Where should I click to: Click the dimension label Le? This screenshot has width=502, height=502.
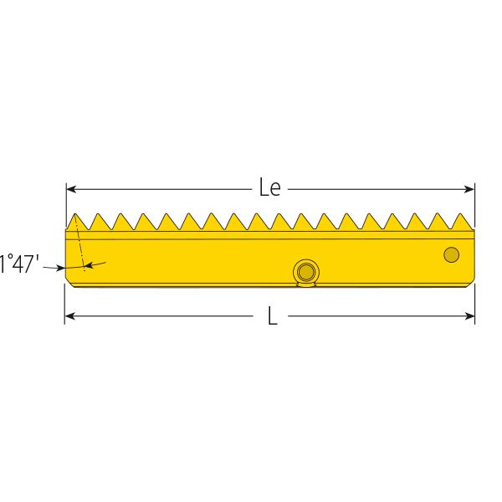coord(269,188)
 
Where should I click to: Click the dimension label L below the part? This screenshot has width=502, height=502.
coord(272,316)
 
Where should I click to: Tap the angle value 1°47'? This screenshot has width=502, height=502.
coord(19,265)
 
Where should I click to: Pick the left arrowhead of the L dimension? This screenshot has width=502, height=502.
coord(70,316)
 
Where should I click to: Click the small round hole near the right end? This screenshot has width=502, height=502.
coord(451,254)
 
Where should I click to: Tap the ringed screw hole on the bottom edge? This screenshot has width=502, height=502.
coord(306,271)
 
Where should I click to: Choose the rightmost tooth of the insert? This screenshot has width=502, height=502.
coord(461,221)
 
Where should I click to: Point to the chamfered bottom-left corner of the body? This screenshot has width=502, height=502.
coord(69,282)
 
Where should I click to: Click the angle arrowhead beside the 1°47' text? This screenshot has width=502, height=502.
coord(59,268)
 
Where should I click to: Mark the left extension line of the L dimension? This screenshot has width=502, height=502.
coord(65,305)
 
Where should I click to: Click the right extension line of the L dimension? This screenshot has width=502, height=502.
coord(474,305)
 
